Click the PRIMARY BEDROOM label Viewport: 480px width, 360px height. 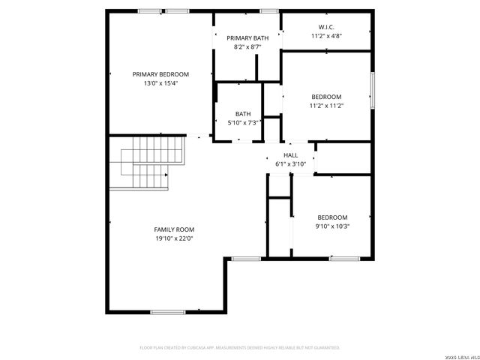click(160, 74)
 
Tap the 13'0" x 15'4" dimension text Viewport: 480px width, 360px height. click(160, 83)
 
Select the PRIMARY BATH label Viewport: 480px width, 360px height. click(247, 37)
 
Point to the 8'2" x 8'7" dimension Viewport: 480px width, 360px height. click(247, 46)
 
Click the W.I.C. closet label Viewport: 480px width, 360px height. click(326, 26)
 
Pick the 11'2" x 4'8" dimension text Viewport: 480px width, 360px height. click(326, 35)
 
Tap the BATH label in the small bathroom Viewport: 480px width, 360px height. click(243, 114)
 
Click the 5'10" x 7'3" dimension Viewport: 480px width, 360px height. click(243, 123)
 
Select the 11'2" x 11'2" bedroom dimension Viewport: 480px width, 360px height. click(326, 106)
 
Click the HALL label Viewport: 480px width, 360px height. click(290, 154)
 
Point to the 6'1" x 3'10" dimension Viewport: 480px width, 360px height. click(290, 163)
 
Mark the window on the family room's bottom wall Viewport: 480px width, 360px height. click(168, 311)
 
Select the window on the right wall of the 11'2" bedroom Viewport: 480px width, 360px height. click(372, 91)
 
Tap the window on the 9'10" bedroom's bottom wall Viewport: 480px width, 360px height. click(344, 259)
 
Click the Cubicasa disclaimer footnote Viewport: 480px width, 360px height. click(240, 348)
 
